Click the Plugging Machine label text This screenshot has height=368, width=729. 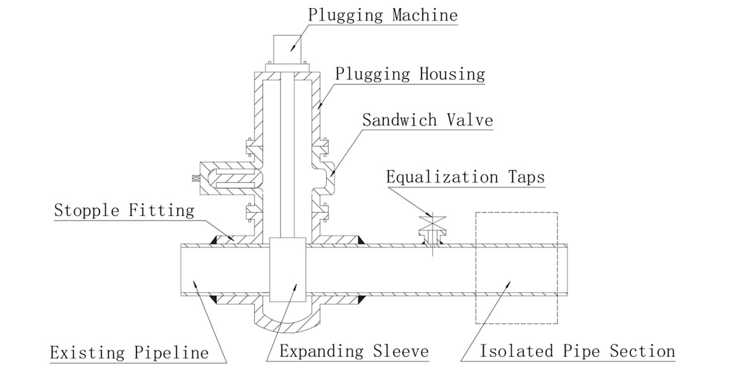tap(382, 15)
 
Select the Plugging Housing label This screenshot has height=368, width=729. tap(410, 74)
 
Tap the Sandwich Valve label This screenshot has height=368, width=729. tap(427, 120)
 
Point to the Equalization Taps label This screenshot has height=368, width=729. tap(465, 177)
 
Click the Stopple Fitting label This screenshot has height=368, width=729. tap(124, 210)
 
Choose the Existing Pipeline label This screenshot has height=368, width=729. tap(129, 353)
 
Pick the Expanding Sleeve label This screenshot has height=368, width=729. tap(354, 351)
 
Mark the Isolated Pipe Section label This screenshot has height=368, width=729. tap(577, 351)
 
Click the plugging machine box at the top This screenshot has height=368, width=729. tap(288, 48)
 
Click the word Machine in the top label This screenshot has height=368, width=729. tap(425, 15)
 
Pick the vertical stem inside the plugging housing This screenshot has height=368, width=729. tap(288, 154)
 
